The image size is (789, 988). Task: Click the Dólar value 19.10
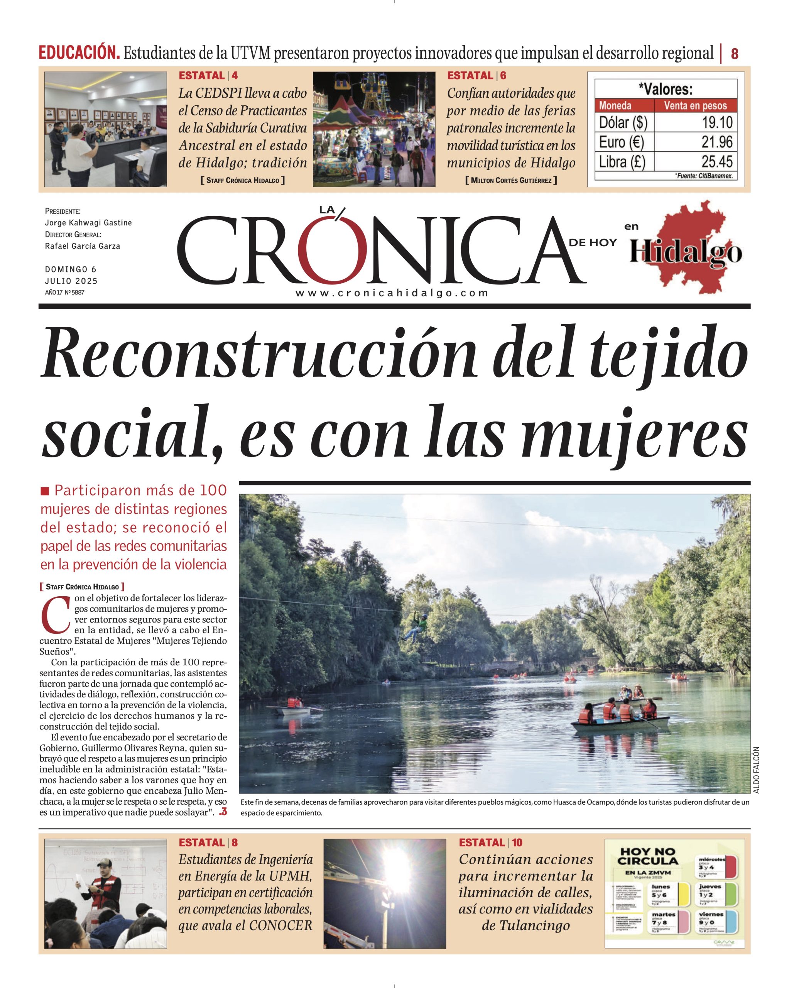[x=717, y=123]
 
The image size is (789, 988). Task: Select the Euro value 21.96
[x=717, y=142]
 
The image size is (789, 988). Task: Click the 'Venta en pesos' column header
[x=695, y=105]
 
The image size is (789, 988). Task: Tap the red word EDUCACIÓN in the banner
[x=79, y=53]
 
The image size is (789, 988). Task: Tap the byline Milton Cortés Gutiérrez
[x=511, y=181]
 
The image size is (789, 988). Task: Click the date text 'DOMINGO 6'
[x=71, y=269]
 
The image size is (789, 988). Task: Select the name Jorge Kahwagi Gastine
[x=88, y=223]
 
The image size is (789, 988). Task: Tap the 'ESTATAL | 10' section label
[x=490, y=842]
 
